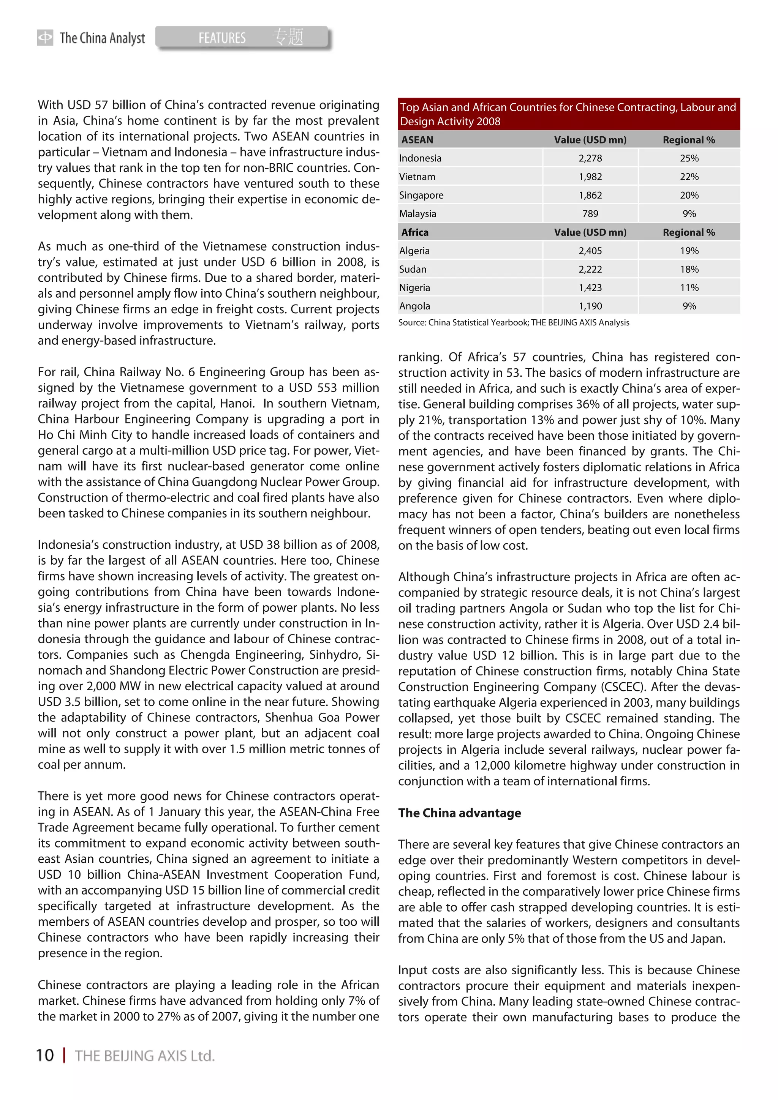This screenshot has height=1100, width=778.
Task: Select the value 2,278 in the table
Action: point(590,158)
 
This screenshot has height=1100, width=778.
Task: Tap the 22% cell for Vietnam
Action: point(689,177)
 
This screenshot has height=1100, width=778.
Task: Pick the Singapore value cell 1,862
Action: point(590,195)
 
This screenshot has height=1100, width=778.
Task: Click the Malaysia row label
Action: point(417,214)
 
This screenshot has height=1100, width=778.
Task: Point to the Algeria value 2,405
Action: point(590,251)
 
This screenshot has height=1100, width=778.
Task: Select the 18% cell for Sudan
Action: point(689,269)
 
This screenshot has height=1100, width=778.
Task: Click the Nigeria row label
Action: point(415,287)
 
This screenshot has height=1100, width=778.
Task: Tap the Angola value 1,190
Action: point(590,306)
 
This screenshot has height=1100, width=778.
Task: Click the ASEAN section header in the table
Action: point(417,140)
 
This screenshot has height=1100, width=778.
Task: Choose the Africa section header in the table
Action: point(415,232)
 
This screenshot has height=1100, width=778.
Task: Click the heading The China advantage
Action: point(459,813)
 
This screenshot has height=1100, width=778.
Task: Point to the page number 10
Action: point(45,1056)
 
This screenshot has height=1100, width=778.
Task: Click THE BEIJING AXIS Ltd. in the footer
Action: point(145,1056)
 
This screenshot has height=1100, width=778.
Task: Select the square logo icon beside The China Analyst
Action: point(45,37)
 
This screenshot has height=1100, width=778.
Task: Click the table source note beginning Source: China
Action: point(513,322)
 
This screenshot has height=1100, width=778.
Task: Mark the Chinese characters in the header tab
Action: point(288,37)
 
